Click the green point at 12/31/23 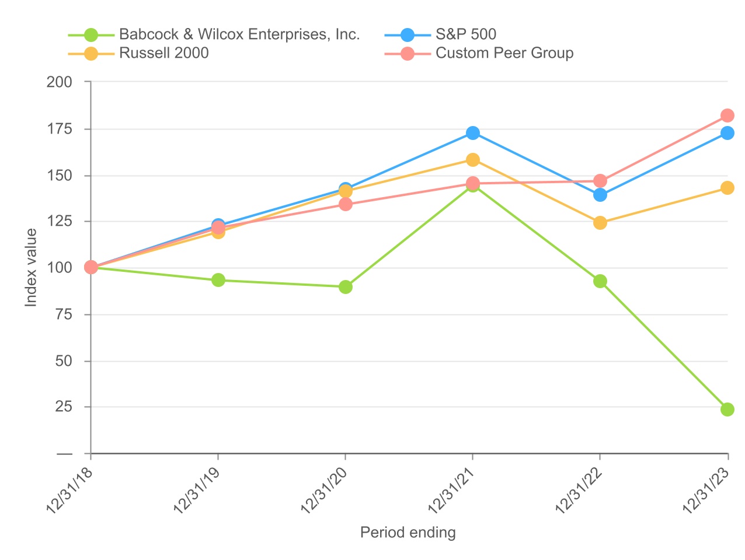727,409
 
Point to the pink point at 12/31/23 727,116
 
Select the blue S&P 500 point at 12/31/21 472,133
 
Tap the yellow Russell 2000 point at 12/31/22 600,223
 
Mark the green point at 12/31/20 345,287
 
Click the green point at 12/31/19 218,280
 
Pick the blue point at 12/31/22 600,195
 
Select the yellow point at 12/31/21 472,160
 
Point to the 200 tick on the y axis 60,82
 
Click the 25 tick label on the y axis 64,407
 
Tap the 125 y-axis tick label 60,222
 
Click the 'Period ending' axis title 408,533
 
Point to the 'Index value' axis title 31,268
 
